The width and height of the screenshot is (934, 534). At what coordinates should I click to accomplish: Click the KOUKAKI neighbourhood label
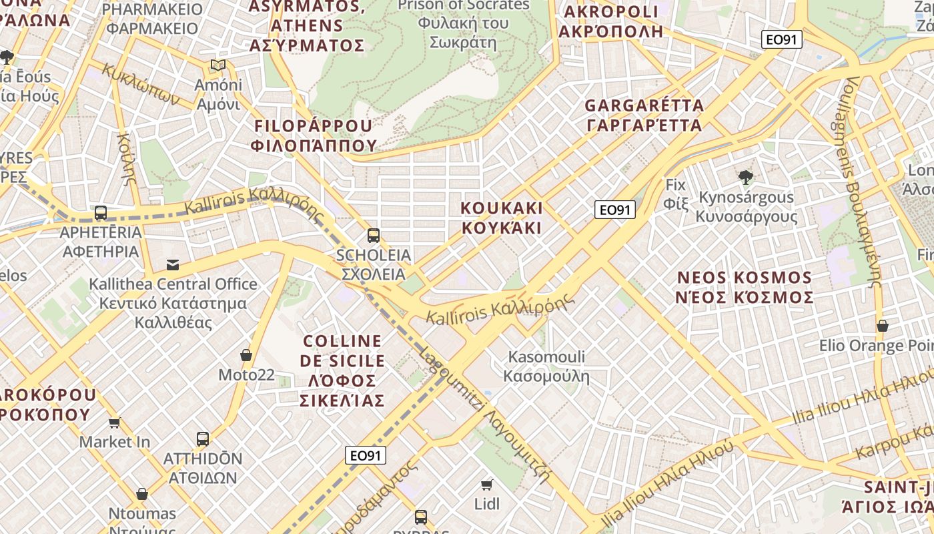[x=502, y=218]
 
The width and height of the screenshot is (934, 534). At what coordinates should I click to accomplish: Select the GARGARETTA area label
[x=644, y=115]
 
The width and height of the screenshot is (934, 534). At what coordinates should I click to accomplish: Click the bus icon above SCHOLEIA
[x=373, y=235]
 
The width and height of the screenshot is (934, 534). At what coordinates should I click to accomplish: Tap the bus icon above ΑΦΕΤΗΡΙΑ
[x=101, y=213]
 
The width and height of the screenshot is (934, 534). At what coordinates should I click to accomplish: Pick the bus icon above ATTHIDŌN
[x=203, y=439]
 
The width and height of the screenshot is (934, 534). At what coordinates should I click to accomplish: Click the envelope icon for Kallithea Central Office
[x=173, y=264]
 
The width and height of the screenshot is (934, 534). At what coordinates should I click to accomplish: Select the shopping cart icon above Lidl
[x=487, y=484]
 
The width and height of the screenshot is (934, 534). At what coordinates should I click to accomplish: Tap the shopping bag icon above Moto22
[x=246, y=355]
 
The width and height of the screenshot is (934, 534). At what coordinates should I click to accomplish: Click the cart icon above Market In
[x=115, y=423]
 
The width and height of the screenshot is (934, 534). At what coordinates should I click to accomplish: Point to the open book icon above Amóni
[x=217, y=65]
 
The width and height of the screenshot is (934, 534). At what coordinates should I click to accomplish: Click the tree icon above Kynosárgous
[x=745, y=178]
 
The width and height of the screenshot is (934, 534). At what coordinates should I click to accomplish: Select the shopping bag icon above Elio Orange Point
[x=882, y=326]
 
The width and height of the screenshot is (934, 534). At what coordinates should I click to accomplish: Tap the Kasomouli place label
[x=546, y=366]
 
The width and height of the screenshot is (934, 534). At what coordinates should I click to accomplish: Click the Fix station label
[x=676, y=194]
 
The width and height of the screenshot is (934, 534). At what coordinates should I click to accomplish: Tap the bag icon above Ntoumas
[x=142, y=494]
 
